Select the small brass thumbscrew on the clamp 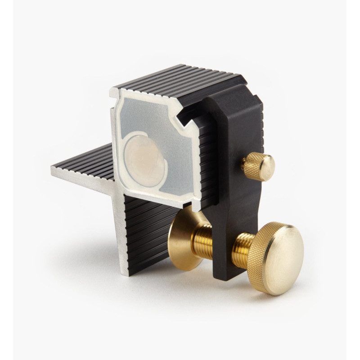pyautogui.click(x=258, y=166)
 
